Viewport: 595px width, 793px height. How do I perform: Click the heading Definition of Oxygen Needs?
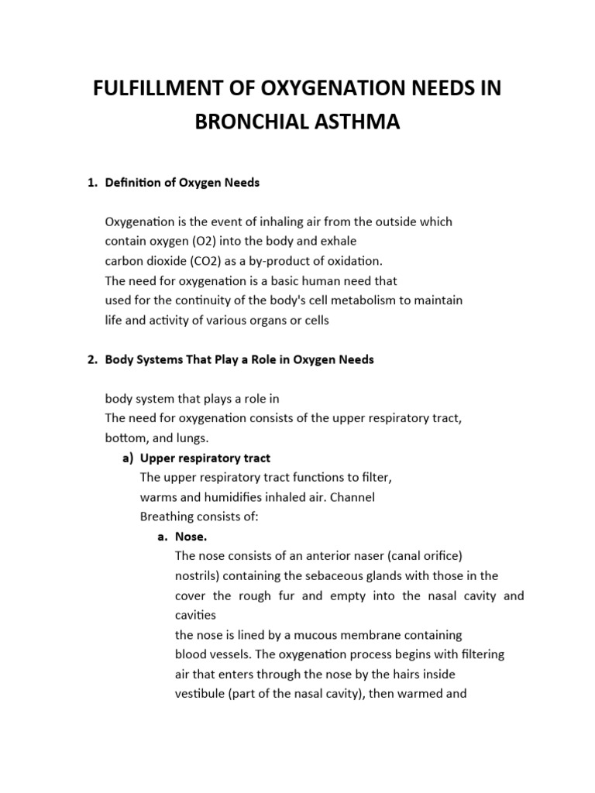click(x=182, y=182)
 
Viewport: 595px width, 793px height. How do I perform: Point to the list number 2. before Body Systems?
click(x=91, y=360)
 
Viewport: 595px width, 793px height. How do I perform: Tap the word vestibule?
click(x=201, y=694)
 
